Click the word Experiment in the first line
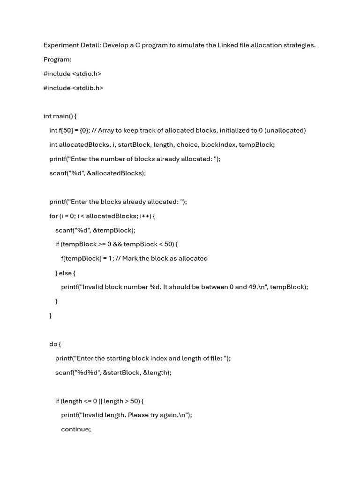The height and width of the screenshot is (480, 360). [61, 45]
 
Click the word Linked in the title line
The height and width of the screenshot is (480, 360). [226, 45]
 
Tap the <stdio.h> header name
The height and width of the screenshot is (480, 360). [87, 74]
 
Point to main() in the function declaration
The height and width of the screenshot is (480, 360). [63, 116]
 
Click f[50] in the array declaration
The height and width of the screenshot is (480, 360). [65, 130]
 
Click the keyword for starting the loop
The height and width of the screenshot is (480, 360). [53, 216]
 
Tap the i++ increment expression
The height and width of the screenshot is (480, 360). [145, 216]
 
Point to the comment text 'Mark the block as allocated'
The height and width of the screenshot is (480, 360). [165, 258]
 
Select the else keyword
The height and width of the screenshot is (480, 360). [66, 273]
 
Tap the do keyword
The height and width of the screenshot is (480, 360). [53, 344]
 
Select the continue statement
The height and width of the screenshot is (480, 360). [75, 429]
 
